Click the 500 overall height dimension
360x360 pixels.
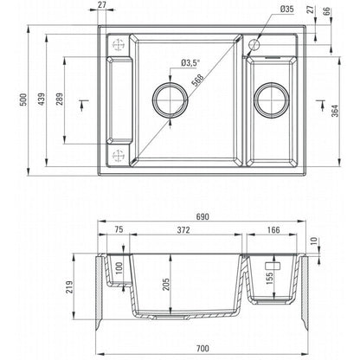coord(23,100)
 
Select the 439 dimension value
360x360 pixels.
coord(42,99)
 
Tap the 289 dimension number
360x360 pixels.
coord(60,99)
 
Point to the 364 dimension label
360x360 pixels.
coord(335,111)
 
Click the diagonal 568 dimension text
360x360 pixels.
coord(198,80)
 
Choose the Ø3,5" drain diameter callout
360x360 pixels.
coord(190,63)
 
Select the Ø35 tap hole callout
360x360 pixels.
coord(286,9)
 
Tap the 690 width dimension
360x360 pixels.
coord(202,216)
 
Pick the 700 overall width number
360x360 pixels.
coord(202,349)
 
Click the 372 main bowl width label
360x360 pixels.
coord(183,230)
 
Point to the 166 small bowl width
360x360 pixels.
coord(273,230)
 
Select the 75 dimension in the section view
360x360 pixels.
coord(119,229)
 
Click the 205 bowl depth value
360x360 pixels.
coord(166,284)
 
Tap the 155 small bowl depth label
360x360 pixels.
coord(269,279)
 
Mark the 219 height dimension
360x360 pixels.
coord(69,287)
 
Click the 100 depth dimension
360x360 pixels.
coord(119,268)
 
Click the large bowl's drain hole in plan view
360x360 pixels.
coord(170,82)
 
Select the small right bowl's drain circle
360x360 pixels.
coord(272,83)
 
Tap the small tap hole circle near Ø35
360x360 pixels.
coord(254,39)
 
